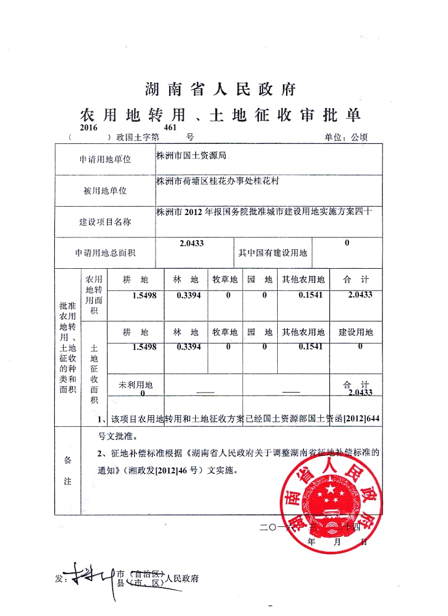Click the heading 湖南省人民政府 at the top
220,88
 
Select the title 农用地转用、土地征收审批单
220,115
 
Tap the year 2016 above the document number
88,128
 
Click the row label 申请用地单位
105,160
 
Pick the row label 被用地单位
105,190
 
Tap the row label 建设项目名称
105,222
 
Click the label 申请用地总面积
105,253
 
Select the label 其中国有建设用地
273,253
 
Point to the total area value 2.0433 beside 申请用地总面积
192,243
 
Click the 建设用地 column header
356,332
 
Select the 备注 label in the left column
67,470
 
